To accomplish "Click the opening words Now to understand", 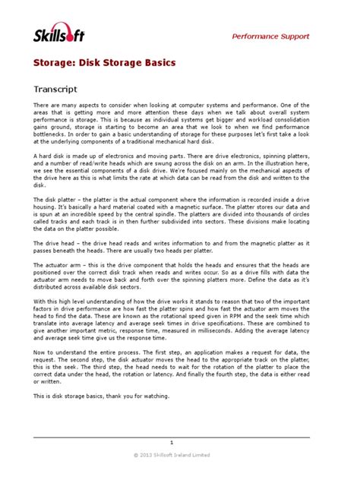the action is [61, 352].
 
